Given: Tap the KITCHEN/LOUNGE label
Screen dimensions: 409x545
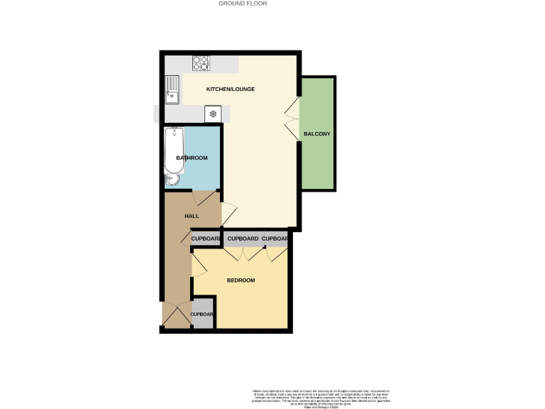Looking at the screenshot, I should (x=230, y=89).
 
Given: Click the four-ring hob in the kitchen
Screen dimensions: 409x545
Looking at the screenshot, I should (x=201, y=63).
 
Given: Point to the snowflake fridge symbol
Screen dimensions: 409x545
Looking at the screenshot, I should (x=212, y=114).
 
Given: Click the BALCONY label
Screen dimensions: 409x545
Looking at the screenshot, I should (x=316, y=134).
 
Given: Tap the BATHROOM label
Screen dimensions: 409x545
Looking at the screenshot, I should (x=192, y=158).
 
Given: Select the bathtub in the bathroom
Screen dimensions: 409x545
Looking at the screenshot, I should (x=174, y=151).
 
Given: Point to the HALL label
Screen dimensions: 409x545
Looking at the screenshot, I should (x=192, y=216).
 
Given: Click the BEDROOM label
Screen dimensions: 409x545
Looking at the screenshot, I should (x=241, y=280).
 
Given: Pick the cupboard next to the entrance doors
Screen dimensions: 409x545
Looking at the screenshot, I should (x=202, y=315).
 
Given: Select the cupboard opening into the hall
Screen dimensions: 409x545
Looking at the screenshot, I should (x=206, y=239).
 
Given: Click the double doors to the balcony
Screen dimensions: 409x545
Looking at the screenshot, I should (x=292, y=119).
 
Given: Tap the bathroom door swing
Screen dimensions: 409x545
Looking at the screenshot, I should (x=199, y=198).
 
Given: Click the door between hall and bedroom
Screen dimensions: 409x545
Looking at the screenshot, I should (x=198, y=266).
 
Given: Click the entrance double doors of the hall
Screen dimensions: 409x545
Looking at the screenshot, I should (x=176, y=315).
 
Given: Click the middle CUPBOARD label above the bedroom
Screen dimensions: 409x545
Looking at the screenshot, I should (x=243, y=239).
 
